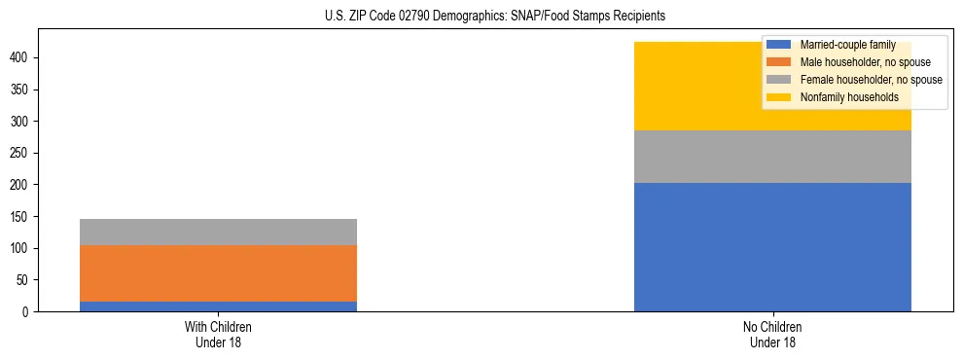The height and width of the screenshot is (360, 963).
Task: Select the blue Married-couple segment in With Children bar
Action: point(218,306)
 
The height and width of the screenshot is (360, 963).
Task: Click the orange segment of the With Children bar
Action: point(218,273)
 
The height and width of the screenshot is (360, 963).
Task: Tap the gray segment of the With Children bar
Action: point(218,232)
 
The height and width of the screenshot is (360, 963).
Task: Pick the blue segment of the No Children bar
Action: point(772,247)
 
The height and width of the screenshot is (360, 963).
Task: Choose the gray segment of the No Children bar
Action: point(772,157)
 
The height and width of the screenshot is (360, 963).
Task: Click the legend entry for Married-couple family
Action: point(847,45)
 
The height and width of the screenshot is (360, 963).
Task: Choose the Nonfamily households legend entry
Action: point(849,97)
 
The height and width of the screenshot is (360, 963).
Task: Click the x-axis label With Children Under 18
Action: point(218,335)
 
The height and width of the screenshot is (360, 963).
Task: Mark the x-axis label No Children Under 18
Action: point(772,335)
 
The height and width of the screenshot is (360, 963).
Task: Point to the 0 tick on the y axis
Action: point(27,311)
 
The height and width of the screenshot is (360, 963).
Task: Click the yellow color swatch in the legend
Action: point(779,97)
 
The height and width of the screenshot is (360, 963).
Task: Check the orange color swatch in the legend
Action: point(779,62)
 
